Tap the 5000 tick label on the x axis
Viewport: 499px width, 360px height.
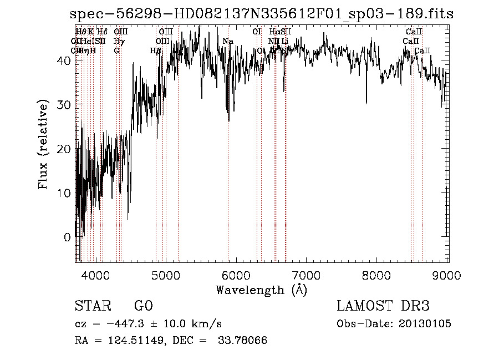pyautogui.click(x=166, y=275)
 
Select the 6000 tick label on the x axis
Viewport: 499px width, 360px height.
pyautogui.click(x=237, y=275)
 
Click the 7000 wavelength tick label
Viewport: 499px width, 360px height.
pyautogui.click(x=307, y=275)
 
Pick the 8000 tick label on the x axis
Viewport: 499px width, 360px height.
pyautogui.click(x=378, y=275)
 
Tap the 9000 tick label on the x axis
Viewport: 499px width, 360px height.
pyautogui.click(x=447, y=275)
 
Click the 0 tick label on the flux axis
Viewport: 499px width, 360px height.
pyautogui.click(x=67, y=237)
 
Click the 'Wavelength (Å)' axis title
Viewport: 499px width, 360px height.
pyautogui.click(x=261, y=290)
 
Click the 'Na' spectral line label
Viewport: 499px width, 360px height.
pyautogui.click(x=228, y=41)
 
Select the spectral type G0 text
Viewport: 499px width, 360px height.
pyautogui.click(x=143, y=306)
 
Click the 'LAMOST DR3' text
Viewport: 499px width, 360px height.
pyautogui.click(x=383, y=306)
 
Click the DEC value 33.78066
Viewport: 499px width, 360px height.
pyautogui.click(x=242, y=340)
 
